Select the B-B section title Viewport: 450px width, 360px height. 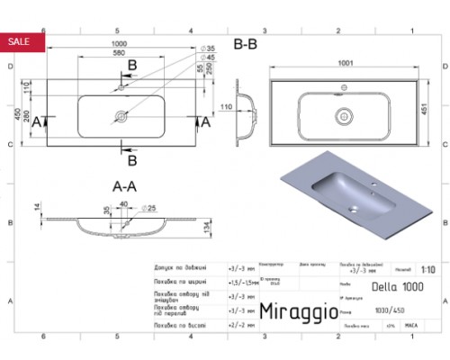[247, 43]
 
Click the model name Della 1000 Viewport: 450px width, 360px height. [404, 286]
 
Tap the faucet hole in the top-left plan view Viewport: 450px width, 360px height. [120, 90]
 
